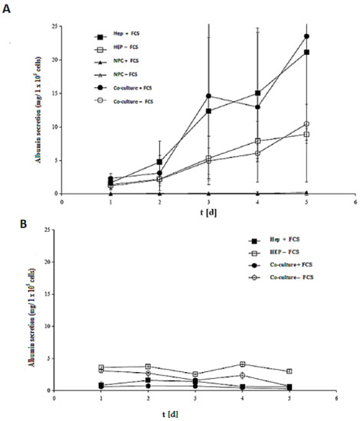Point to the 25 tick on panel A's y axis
[54, 26]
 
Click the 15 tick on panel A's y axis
[54, 93]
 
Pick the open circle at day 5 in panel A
[306, 124]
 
